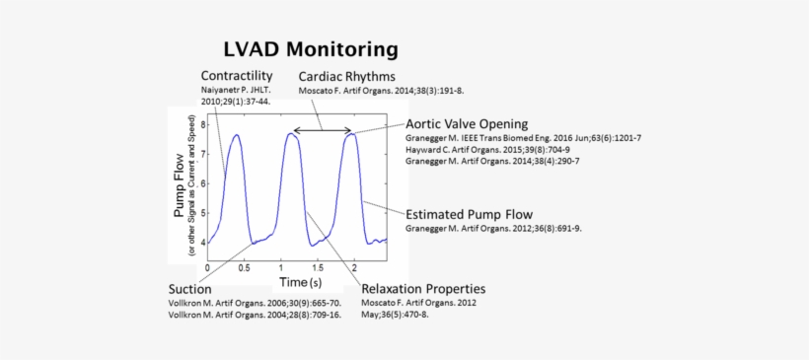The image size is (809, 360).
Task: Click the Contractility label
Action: click(237, 76)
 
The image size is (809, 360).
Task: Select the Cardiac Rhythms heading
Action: click(347, 76)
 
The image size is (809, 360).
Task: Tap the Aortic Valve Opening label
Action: click(466, 124)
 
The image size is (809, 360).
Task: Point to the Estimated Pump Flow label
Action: click(470, 213)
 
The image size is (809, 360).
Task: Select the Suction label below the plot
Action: click(189, 289)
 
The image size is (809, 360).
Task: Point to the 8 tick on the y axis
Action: click(202, 124)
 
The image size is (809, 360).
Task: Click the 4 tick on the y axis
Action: click(202, 242)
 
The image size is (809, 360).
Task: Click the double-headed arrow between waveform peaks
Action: click(323, 129)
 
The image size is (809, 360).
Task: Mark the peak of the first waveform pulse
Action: click(236, 135)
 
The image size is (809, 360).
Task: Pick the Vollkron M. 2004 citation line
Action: click(255, 315)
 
